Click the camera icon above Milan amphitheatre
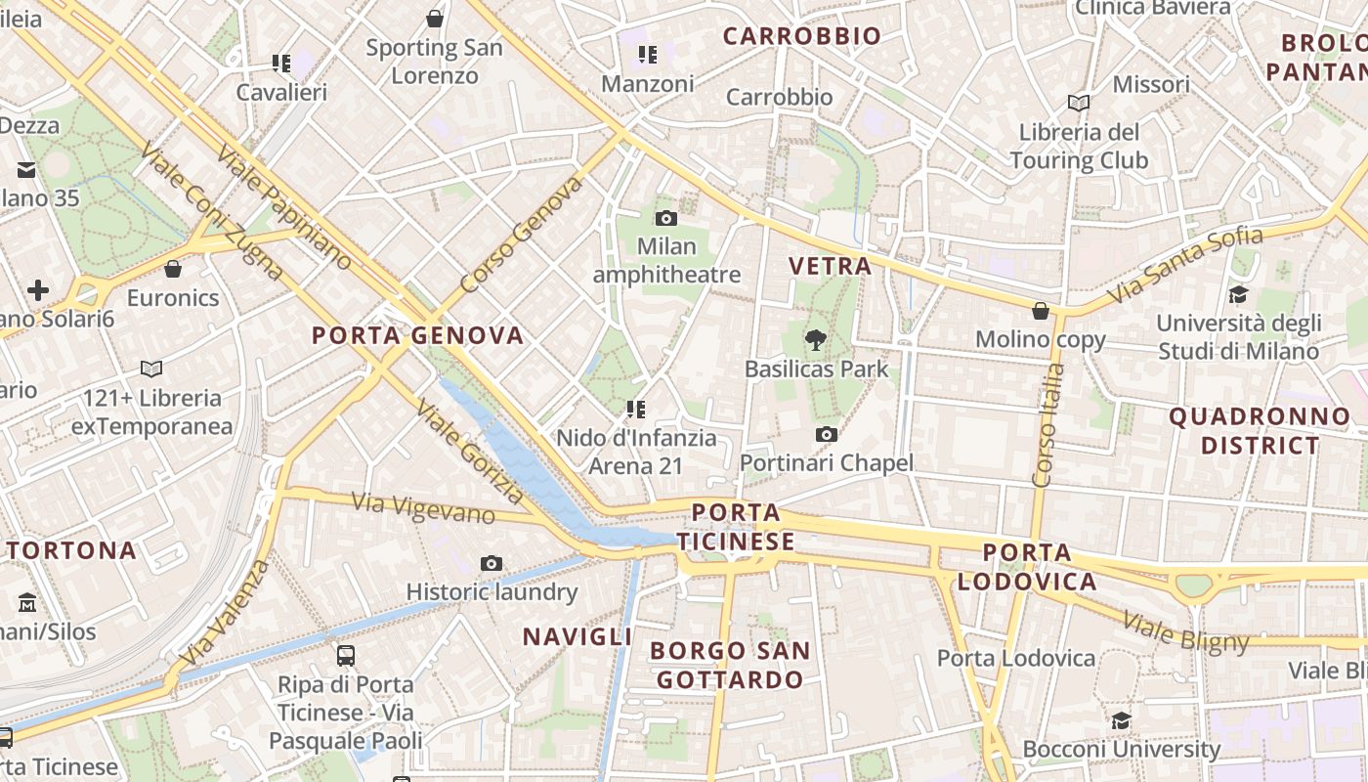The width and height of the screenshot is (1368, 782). pyautogui.click(x=666, y=218)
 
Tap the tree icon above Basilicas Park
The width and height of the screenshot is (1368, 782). pyautogui.click(x=815, y=340)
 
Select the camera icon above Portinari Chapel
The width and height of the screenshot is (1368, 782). pyautogui.click(x=827, y=434)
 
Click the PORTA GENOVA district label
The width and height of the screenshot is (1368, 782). pyautogui.click(x=418, y=335)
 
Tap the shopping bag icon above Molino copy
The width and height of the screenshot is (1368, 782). pyautogui.click(x=1041, y=311)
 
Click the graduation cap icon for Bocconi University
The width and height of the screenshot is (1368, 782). pyautogui.click(x=1121, y=720)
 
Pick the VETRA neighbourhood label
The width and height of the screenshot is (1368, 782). pyautogui.click(x=830, y=266)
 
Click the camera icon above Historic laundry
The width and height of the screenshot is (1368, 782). pyautogui.click(x=492, y=563)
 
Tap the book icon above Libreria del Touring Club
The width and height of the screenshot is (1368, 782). pyautogui.click(x=1079, y=103)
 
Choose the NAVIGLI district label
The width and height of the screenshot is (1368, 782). pyautogui.click(x=577, y=636)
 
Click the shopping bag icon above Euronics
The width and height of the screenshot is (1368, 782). pyautogui.click(x=173, y=269)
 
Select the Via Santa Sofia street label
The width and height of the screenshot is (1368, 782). pyautogui.click(x=1185, y=264)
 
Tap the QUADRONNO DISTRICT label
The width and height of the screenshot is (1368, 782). pyautogui.click(x=1260, y=431)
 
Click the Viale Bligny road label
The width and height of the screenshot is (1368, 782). pyautogui.click(x=1185, y=630)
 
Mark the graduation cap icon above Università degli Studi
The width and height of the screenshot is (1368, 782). pyautogui.click(x=1238, y=294)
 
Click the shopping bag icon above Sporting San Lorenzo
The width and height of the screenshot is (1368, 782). pyautogui.click(x=435, y=19)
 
